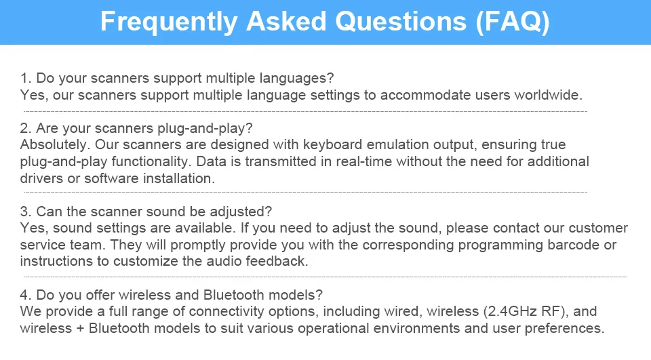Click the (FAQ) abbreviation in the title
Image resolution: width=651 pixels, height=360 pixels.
point(513,21)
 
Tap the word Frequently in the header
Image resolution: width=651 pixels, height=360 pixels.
point(169,22)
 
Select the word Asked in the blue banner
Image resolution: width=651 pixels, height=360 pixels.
point(286,21)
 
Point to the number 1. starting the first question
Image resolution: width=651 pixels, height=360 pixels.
point(26,78)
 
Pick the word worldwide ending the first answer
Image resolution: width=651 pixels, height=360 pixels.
point(548,95)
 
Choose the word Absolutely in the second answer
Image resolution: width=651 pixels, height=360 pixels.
point(54,144)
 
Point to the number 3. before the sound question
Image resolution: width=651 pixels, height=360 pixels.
point(26,212)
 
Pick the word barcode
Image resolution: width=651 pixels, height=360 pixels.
point(574,245)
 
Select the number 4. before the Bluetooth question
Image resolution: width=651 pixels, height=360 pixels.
point(26,295)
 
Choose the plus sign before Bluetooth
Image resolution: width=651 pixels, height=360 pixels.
point(81,328)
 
